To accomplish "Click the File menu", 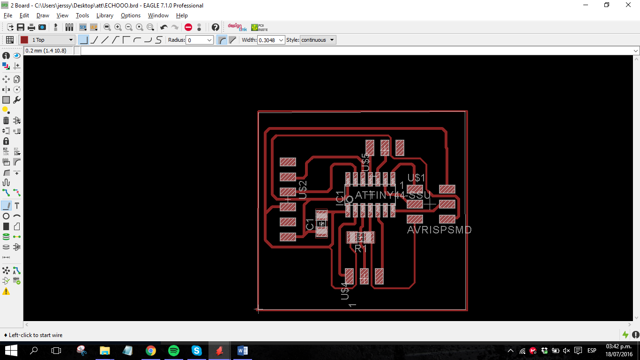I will point(7,15).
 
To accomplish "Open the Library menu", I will point(104,15).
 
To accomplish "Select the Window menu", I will point(158,15).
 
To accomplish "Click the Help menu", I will point(182,15).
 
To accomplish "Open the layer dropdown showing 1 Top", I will point(47,40).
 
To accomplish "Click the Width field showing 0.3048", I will point(271,40).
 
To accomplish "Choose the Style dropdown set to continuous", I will point(318,40).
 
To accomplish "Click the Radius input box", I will point(200,40).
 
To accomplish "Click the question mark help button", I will point(215,27).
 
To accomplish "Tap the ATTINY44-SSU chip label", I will point(393,195).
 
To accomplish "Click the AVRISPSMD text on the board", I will point(439,230).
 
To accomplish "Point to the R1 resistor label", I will point(361,248).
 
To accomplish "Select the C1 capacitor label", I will point(310,224).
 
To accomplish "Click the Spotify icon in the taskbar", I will point(173,350).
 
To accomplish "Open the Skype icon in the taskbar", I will point(196,350).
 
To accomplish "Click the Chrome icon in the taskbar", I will point(150,350).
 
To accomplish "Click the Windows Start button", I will point(11,350).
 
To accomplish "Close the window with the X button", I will point(628,5).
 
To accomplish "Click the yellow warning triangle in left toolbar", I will point(6,291).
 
